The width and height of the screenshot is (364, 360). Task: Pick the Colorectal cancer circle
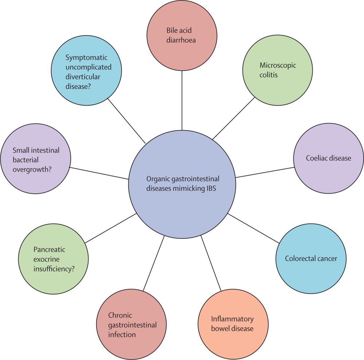(311, 259)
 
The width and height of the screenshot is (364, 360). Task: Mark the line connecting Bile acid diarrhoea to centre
(182, 97)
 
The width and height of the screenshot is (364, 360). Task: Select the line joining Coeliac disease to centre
(265, 172)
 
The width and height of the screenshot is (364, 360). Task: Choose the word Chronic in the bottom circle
(120, 315)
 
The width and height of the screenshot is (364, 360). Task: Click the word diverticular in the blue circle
(83, 77)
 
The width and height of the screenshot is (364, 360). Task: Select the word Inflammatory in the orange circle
(232, 319)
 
